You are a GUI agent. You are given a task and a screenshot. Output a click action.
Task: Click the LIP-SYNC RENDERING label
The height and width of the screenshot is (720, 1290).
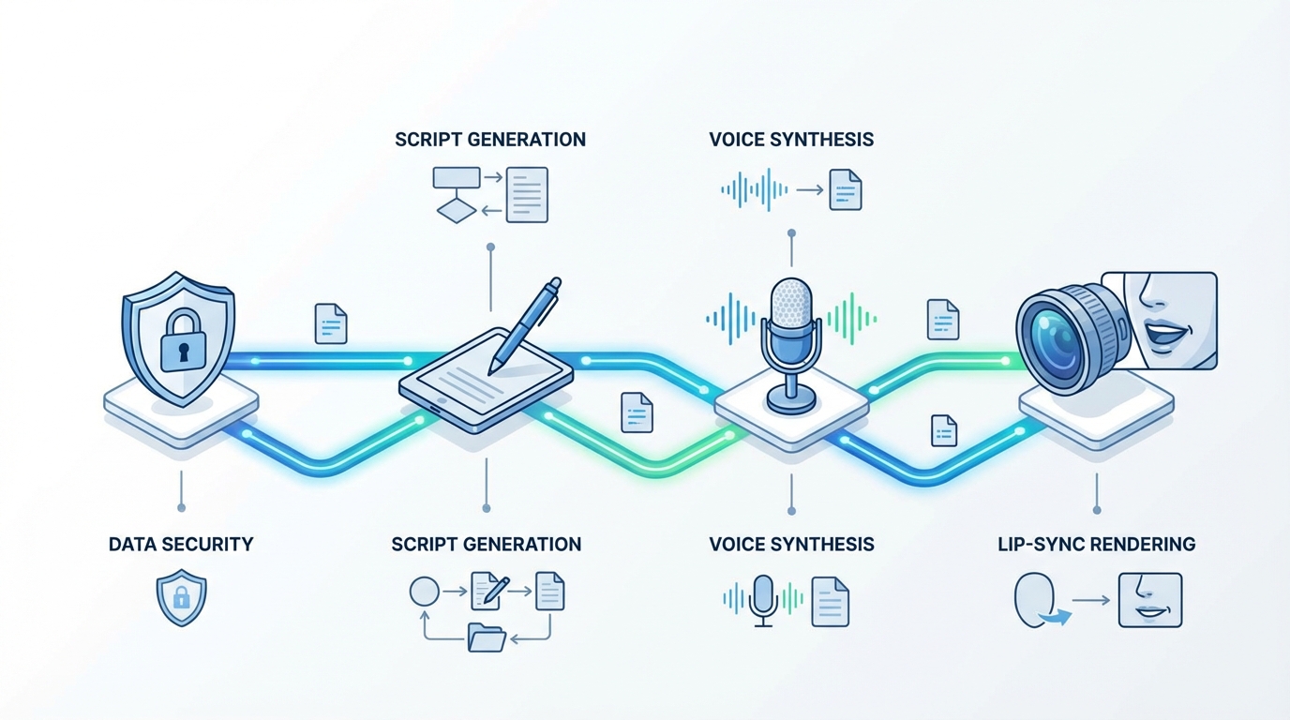(1096, 544)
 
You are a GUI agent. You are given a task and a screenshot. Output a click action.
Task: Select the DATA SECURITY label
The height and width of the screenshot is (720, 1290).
(181, 544)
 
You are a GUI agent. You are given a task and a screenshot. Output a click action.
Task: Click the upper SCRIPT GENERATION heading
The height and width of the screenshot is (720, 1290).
(490, 140)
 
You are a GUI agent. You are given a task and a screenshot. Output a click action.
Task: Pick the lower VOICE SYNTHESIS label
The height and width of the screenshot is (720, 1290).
(791, 544)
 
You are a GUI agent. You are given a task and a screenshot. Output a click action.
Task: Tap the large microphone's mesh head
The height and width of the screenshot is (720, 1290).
(790, 302)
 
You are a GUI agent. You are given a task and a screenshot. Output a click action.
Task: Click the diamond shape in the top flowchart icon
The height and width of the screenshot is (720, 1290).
(457, 212)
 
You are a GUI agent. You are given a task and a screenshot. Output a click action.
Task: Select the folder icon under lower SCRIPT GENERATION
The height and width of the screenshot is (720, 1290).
(486, 638)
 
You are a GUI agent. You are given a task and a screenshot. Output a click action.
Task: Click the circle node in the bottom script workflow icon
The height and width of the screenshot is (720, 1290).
(424, 592)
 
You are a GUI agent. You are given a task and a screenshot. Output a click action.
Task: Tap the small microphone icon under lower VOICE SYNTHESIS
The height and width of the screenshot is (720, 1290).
(764, 599)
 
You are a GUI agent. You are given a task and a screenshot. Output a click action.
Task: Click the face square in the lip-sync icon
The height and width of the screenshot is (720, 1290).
(1150, 600)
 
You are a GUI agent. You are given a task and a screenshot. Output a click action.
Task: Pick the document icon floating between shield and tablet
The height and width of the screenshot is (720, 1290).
(331, 323)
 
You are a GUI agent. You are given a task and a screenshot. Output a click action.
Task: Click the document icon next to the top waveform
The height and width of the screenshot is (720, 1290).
(845, 189)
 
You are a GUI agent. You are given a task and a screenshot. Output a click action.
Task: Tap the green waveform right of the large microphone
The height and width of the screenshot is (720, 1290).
(850, 317)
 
